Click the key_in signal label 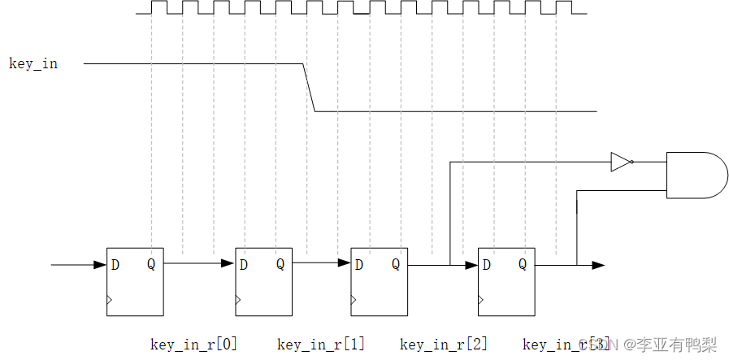[33, 63]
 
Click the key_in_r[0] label [193, 345]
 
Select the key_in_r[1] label [321, 345]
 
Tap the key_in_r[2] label [444, 345]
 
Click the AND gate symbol [696, 175]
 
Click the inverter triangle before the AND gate [621, 163]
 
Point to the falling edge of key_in [310, 88]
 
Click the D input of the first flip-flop [115, 264]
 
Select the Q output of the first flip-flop [151, 264]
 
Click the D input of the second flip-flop [243, 264]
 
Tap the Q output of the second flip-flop [280, 264]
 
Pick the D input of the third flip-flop [358, 264]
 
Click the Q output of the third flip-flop [396, 264]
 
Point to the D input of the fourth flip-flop [486, 264]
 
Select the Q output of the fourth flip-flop [523, 264]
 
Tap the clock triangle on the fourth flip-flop [481, 300]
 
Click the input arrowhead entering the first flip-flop [101, 264]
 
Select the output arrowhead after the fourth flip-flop [598, 265]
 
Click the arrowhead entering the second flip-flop [228, 263]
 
